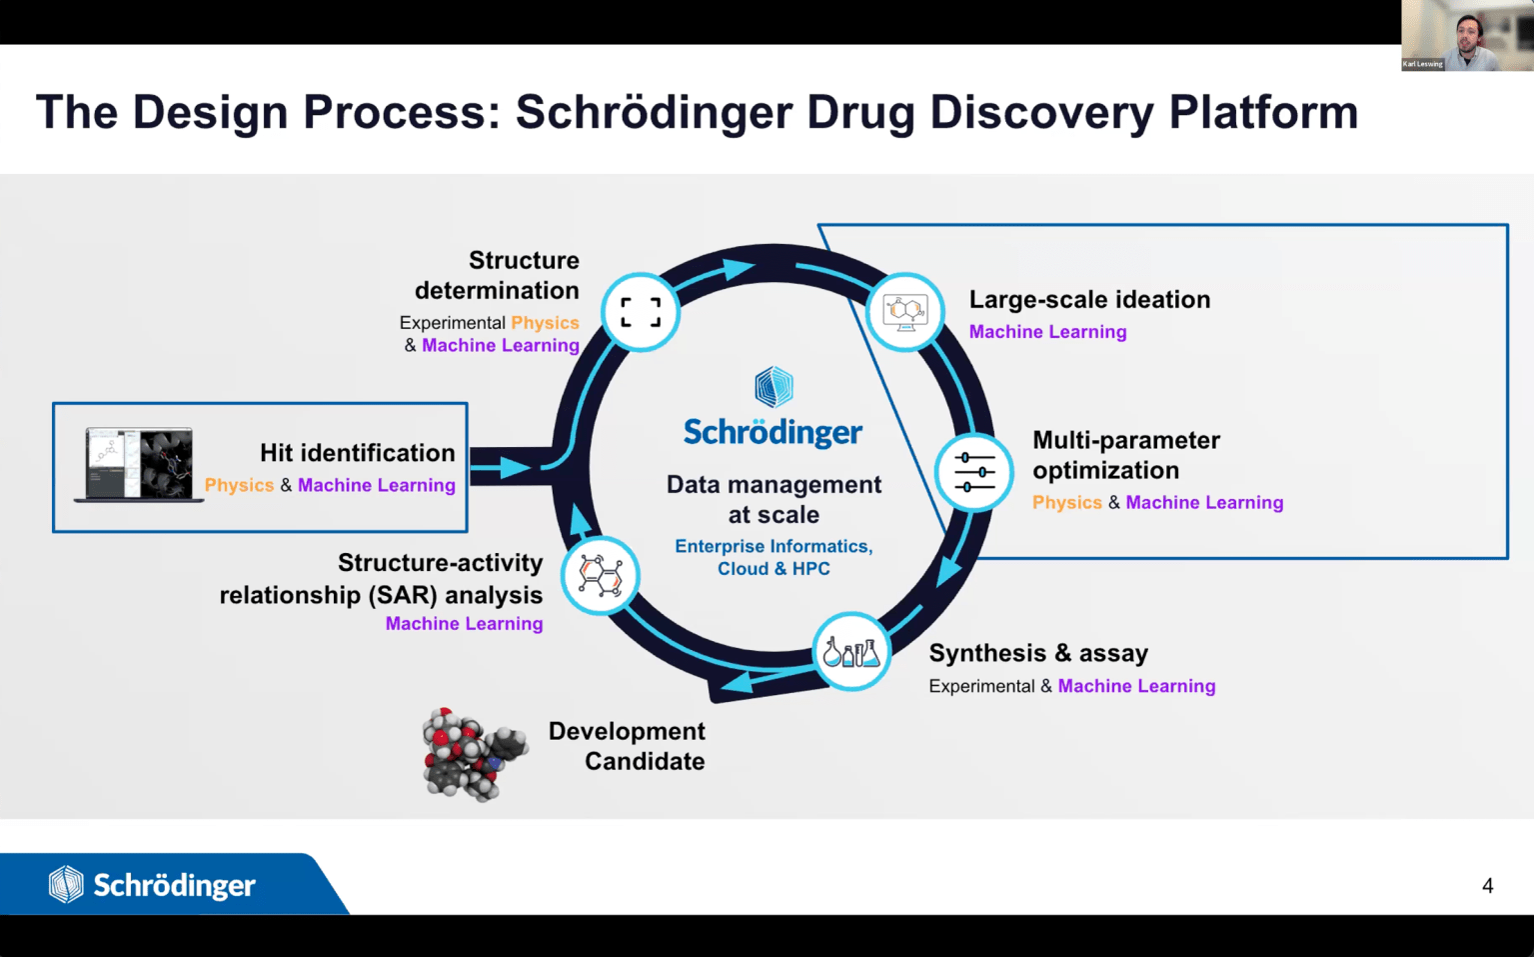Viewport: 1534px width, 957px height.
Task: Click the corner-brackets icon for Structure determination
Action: [x=641, y=312]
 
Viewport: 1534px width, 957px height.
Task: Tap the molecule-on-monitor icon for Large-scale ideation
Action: [x=905, y=312]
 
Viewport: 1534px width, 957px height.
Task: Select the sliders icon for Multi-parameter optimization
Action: [x=973, y=472]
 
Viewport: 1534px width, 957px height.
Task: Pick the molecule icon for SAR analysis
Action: [x=601, y=574]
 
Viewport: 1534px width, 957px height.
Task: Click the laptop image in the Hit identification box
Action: [x=139, y=465]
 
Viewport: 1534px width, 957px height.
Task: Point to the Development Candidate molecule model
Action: [x=475, y=754]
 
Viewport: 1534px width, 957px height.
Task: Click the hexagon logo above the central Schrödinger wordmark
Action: [x=773, y=386]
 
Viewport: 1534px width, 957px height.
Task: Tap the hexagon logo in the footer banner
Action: [x=66, y=884]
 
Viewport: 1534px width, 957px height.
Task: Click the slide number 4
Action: [x=1487, y=886]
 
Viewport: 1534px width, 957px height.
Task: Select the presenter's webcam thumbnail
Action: [x=1468, y=36]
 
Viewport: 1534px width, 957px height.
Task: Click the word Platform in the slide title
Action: [x=1263, y=112]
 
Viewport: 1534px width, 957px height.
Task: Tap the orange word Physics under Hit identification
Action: [x=239, y=485]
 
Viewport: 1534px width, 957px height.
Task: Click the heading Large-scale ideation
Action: [x=1089, y=299]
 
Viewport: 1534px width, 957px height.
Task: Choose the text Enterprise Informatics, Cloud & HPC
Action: [x=773, y=557]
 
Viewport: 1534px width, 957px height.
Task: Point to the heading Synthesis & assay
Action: [x=1038, y=653]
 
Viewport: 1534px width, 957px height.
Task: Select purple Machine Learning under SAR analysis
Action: [x=465, y=623]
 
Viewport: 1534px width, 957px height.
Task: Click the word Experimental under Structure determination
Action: [x=453, y=323]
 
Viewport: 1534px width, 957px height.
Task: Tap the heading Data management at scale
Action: [x=773, y=499]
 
